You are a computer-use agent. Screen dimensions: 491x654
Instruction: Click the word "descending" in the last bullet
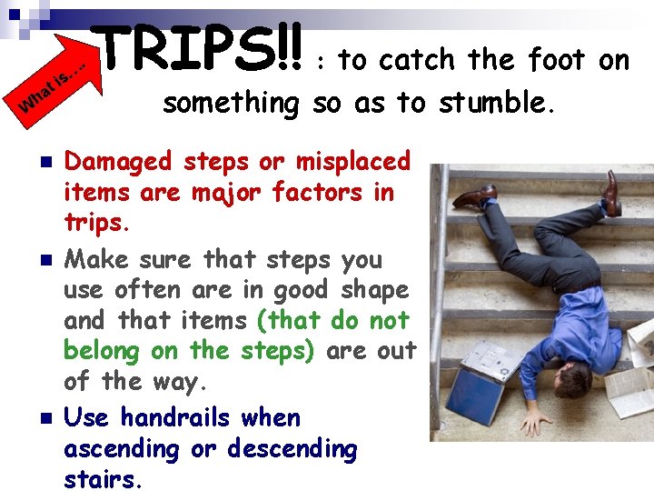292,449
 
